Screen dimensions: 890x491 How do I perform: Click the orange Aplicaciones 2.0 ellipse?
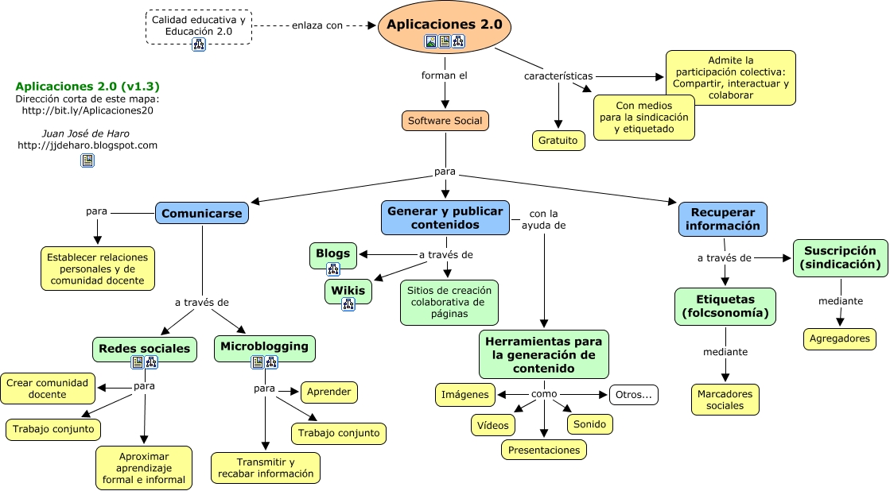coord(445,27)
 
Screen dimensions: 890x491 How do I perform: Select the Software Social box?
coord(445,121)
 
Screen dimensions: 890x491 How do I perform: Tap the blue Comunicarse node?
coord(202,213)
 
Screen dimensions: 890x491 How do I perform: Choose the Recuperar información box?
coord(722,219)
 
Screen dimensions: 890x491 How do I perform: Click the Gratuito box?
coord(558,141)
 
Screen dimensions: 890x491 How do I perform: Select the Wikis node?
coord(348,292)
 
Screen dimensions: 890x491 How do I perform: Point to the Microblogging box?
coord(265,348)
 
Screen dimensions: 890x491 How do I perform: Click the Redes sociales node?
coord(145,350)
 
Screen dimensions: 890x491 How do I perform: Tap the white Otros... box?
coord(633,395)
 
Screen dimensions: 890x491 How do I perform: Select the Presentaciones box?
coord(544,450)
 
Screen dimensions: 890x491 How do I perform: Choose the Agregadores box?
coord(839,339)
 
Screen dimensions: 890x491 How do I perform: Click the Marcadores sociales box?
coord(725,400)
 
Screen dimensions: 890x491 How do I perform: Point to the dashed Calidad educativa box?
coord(199,27)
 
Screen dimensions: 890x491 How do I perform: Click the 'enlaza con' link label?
coord(317,25)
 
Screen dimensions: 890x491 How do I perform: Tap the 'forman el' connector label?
coord(445,75)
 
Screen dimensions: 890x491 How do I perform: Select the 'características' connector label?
coord(558,76)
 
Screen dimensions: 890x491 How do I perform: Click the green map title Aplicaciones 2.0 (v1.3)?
coord(87,86)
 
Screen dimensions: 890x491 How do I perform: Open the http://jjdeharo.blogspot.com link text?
coord(87,145)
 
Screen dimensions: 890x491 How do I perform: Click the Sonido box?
coord(589,424)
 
